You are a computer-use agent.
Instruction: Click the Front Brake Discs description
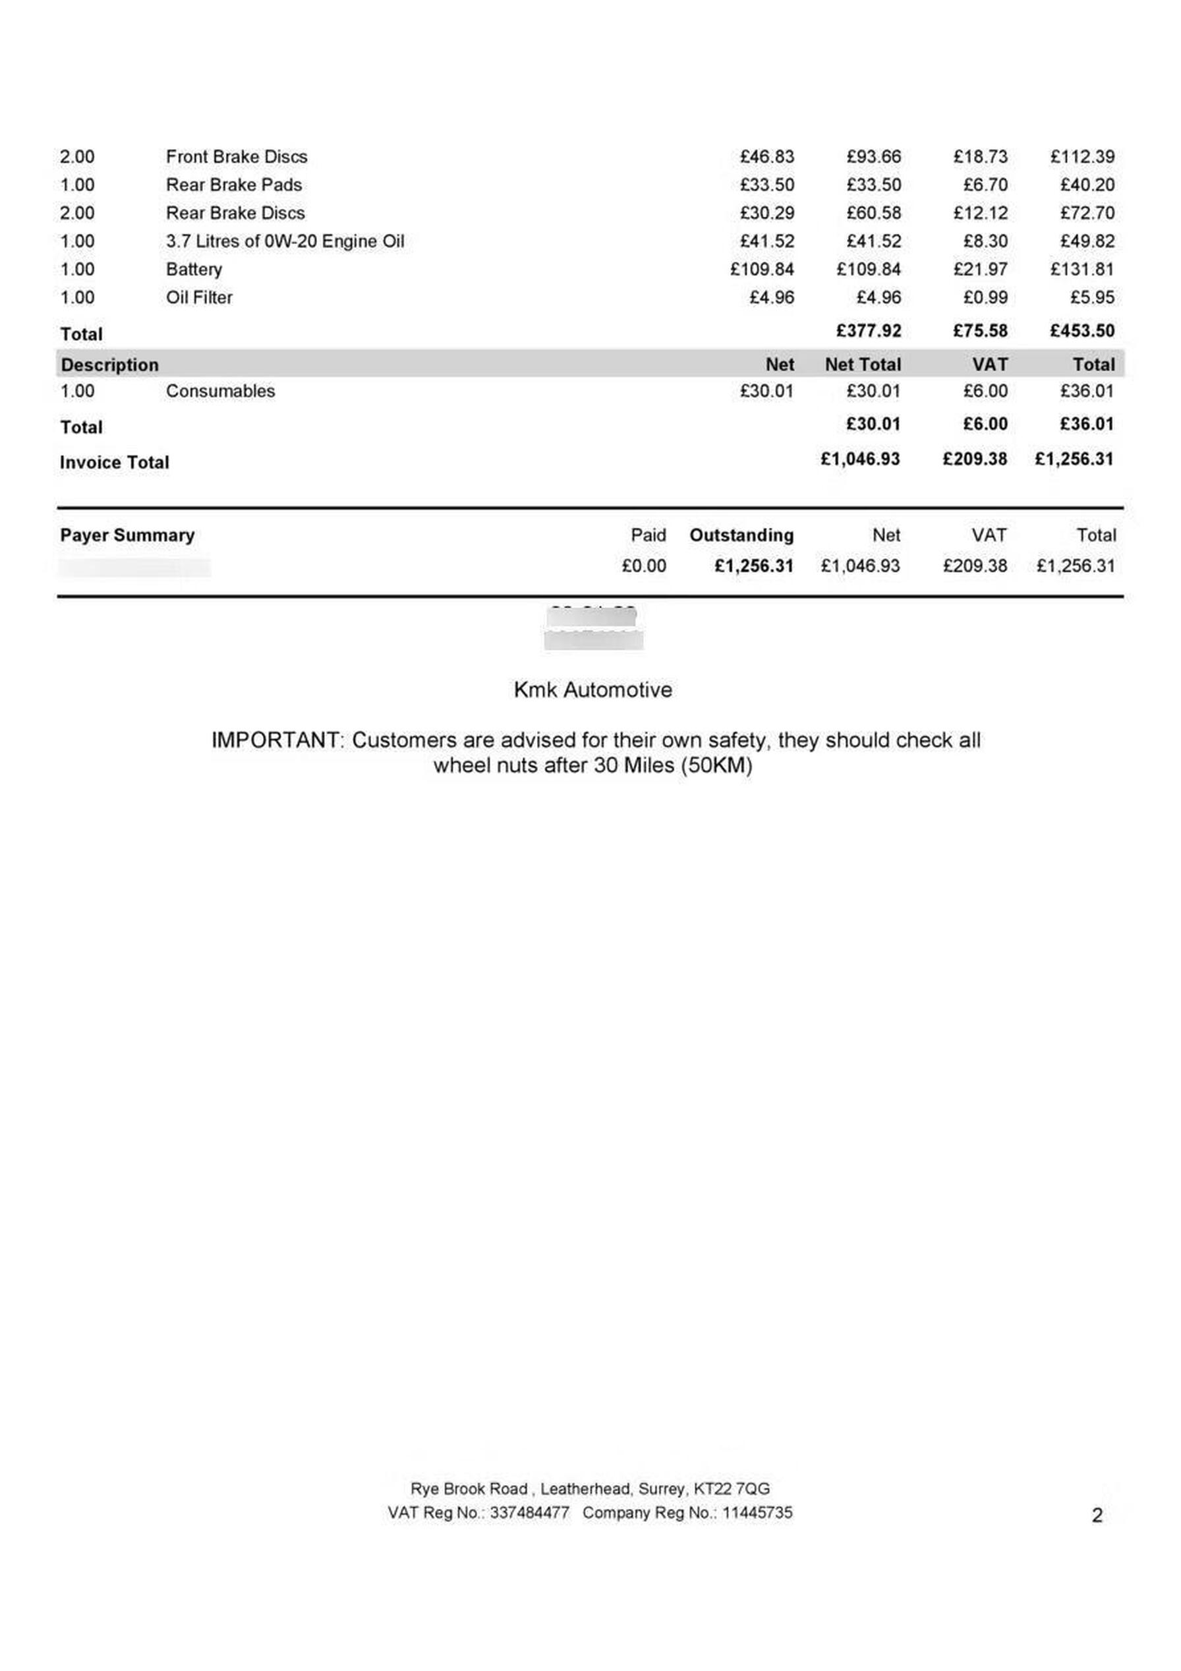237,156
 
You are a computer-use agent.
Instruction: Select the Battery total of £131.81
1082,270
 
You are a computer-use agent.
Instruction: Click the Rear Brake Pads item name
233,185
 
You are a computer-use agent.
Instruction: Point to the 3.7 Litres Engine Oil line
285,241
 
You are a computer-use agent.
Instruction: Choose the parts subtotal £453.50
1082,331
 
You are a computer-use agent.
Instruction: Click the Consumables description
221,391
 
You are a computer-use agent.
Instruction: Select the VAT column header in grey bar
990,365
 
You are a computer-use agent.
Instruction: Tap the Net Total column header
862,365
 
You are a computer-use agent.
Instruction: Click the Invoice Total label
114,462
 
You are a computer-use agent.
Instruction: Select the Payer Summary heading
127,535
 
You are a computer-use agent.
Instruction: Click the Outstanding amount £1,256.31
754,566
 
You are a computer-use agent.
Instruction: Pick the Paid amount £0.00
643,566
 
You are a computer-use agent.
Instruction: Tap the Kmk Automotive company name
592,689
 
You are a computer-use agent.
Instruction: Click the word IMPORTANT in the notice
275,740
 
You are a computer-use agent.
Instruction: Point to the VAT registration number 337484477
529,1512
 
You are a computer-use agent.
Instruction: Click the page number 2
1097,1515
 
